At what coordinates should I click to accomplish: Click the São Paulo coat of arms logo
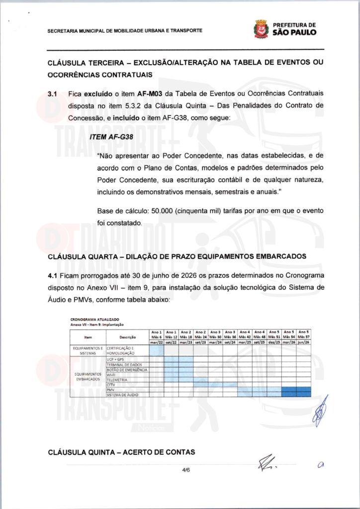tap(261, 29)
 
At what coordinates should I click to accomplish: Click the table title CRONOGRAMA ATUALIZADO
tap(94, 320)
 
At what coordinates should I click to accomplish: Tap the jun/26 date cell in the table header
tap(303, 342)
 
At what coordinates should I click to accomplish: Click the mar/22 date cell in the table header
tap(156, 342)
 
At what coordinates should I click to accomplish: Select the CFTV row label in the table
tap(111, 385)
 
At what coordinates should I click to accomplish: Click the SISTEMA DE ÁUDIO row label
tap(122, 395)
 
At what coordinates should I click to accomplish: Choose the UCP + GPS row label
tap(115, 359)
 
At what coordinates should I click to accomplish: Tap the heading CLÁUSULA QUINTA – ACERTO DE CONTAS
tap(121, 452)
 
